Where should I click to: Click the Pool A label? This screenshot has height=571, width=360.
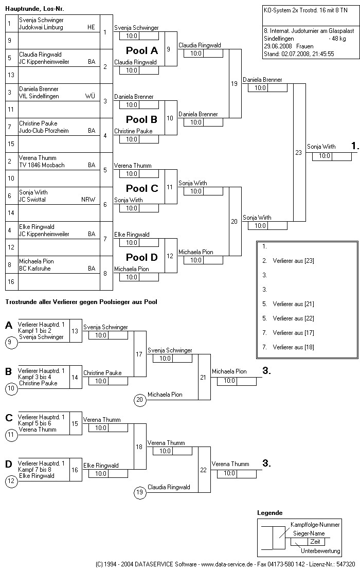pyautogui.click(x=142, y=50)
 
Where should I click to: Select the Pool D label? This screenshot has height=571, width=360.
pyautogui.click(x=142, y=257)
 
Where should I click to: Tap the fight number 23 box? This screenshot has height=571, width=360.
pyautogui.click(x=299, y=153)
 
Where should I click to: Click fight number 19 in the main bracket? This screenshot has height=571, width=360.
pyautogui.click(x=235, y=84)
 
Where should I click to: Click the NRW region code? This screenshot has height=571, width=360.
pyautogui.click(x=88, y=200)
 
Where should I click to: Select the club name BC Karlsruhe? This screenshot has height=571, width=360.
pyautogui.click(x=35, y=269)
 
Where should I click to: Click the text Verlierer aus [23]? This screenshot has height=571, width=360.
pyautogui.click(x=293, y=261)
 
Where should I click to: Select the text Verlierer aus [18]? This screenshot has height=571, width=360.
pyautogui.click(x=293, y=347)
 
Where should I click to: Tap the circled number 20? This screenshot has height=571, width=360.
pyautogui.click(x=139, y=399)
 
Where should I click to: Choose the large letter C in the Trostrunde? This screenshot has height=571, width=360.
pyautogui.click(x=9, y=417)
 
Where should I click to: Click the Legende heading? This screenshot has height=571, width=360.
pyautogui.click(x=269, y=513)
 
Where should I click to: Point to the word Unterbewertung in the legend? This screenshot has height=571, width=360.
pyautogui.click(x=320, y=551)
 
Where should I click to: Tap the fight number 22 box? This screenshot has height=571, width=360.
pyautogui.click(x=204, y=470)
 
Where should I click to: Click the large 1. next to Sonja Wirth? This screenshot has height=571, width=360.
pyautogui.click(x=354, y=146)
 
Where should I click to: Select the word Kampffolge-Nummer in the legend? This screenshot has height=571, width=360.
pyautogui.click(x=315, y=525)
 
